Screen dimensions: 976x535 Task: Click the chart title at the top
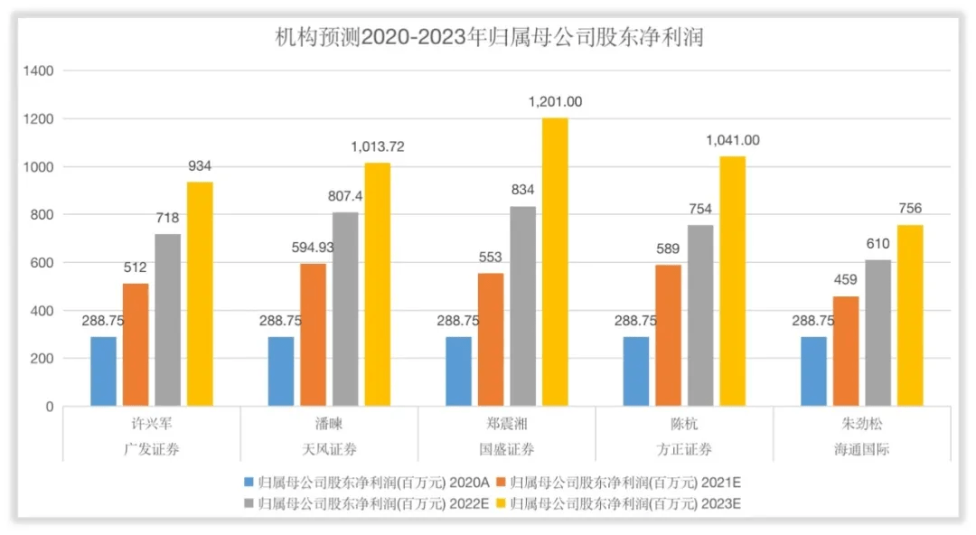pyautogui.click(x=489, y=37)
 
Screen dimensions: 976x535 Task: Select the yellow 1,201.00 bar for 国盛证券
pyautogui.click(x=555, y=262)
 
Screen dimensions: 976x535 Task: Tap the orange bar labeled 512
pyautogui.click(x=135, y=345)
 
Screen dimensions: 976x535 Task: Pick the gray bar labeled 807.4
pyautogui.click(x=345, y=310)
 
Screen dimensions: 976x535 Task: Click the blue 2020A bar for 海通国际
pyautogui.click(x=813, y=371)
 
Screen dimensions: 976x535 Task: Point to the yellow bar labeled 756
pyautogui.click(x=909, y=315)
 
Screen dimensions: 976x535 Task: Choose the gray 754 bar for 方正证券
pyautogui.click(x=700, y=315)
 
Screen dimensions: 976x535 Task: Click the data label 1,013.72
pyautogui.click(x=377, y=147)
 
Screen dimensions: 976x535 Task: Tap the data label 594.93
pyautogui.click(x=313, y=248)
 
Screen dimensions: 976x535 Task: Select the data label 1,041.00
pyautogui.click(x=732, y=141)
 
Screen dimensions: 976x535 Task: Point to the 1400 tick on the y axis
pyautogui.click(x=39, y=71)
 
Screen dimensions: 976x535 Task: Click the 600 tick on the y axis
pyautogui.click(x=42, y=263)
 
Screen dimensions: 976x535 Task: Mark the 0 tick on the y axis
pyautogui.click(x=50, y=407)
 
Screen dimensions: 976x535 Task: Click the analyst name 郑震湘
pyautogui.click(x=506, y=424)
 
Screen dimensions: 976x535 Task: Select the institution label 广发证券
pyautogui.click(x=151, y=449)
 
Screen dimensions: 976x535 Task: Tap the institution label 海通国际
pyautogui.click(x=861, y=449)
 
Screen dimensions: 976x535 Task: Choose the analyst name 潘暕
pyautogui.click(x=329, y=424)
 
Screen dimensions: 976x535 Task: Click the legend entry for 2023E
pyautogui.click(x=619, y=503)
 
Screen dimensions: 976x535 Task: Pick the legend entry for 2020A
pyautogui.click(x=367, y=483)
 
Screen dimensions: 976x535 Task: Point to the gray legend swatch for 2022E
pyautogui.click(x=249, y=503)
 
